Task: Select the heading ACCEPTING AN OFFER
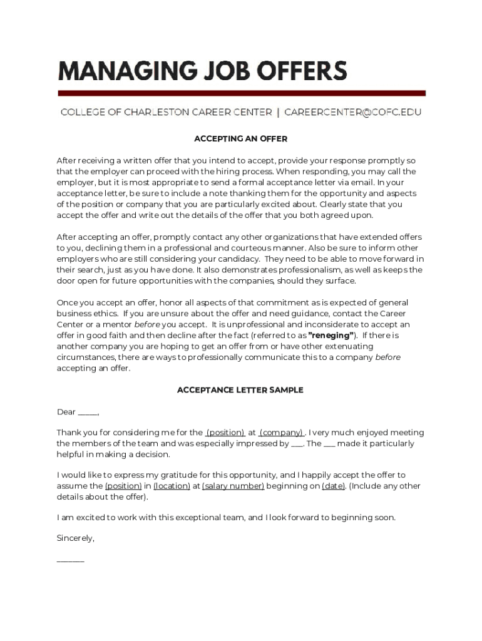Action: coord(241,138)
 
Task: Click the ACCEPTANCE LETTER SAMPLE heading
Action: coord(240,390)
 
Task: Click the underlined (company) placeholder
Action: coord(282,433)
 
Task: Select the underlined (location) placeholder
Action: coord(172,486)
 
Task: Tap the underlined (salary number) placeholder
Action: coord(233,486)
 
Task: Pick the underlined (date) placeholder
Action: coord(333,486)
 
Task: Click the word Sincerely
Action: coord(75,538)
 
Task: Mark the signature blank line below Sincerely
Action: coord(70,560)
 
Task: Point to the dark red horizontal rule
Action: coord(241,93)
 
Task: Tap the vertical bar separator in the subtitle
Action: coord(278,113)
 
